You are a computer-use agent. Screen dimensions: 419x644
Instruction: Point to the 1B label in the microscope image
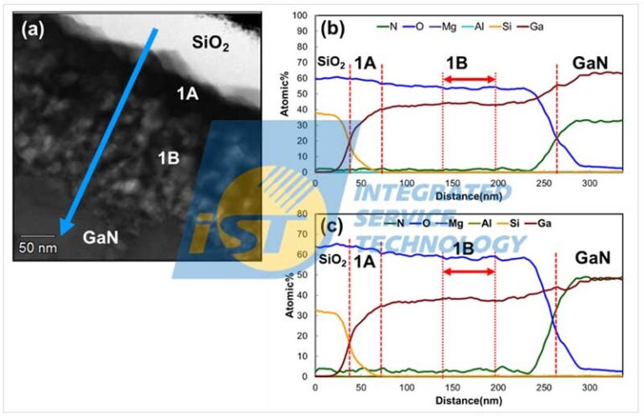point(169,156)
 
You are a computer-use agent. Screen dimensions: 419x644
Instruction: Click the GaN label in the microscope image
point(100,237)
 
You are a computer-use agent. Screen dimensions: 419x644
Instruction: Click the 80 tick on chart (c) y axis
point(305,215)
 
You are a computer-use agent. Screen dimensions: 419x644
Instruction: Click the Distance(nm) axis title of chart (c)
point(468,401)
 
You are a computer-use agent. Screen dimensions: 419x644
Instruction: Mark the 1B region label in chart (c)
point(469,251)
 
